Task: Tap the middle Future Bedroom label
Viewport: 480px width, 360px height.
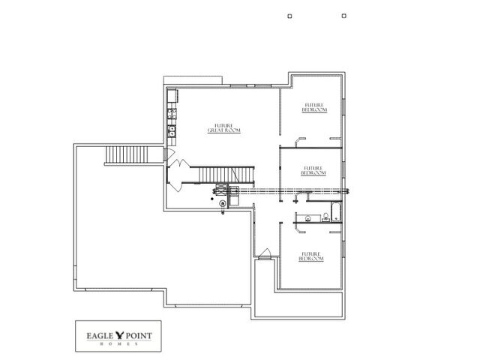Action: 313,170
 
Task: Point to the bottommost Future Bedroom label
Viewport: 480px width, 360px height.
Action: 313,256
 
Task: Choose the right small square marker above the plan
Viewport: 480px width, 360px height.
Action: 343,15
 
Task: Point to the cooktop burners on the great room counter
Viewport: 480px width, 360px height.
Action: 172,115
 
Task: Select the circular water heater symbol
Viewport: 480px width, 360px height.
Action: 223,202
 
